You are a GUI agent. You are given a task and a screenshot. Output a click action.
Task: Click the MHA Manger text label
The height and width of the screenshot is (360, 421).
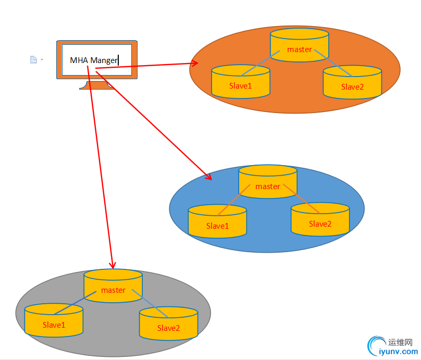94,60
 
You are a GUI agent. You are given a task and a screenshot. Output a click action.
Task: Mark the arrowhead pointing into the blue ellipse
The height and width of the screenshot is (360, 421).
208,176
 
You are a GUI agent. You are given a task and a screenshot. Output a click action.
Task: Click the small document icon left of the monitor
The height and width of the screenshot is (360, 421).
33,60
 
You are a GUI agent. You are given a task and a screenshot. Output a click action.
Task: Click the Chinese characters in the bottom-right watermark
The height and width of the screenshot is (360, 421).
401,342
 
